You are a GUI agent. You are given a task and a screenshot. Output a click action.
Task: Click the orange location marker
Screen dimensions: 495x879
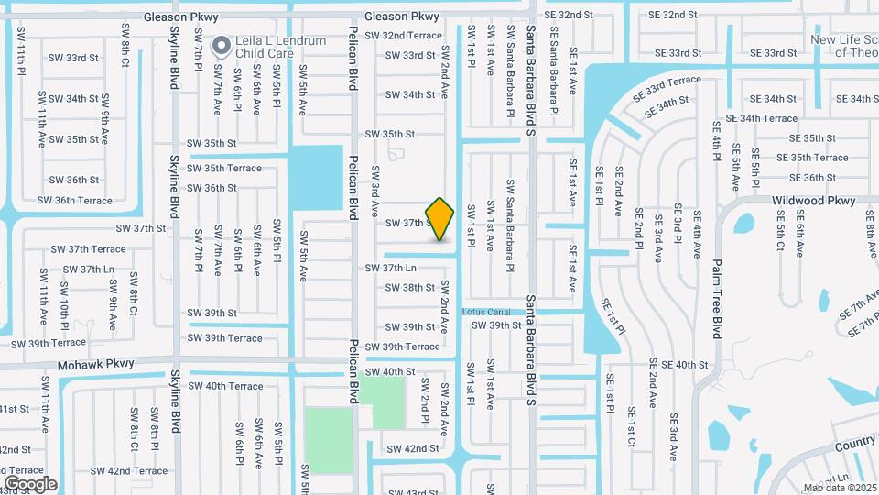pyautogui.click(x=440, y=219)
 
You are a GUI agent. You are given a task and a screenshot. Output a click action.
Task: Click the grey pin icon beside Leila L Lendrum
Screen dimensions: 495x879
pyautogui.click(x=221, y=45)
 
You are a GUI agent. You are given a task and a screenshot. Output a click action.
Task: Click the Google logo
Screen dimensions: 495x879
pyautogui.click(x=30, y=483)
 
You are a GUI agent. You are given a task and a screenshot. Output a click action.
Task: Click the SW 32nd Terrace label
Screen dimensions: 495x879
pyautogui.click(x=403, y=35)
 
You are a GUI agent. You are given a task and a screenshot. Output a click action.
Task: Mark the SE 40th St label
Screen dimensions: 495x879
pyautogui.click(x=678, y=365)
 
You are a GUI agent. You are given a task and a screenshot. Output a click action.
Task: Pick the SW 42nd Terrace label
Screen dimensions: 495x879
pyautogui.click(x=137, y=471)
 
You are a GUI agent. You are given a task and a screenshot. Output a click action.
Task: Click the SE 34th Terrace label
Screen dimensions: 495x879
pyautogui.click(x=761, y=118)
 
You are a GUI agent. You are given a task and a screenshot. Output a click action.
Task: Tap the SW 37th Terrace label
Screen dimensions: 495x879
pyautogui.click(x=88, y=248)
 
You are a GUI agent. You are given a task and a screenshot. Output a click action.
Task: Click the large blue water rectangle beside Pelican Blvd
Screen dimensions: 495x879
pyautogui.click(x=316, y=176)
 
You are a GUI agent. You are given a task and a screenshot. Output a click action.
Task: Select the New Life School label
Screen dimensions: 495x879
pyautogui.click(x=843, y=46)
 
